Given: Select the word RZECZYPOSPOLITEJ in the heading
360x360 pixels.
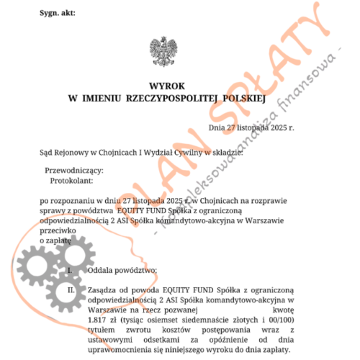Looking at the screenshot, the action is [167, 96].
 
